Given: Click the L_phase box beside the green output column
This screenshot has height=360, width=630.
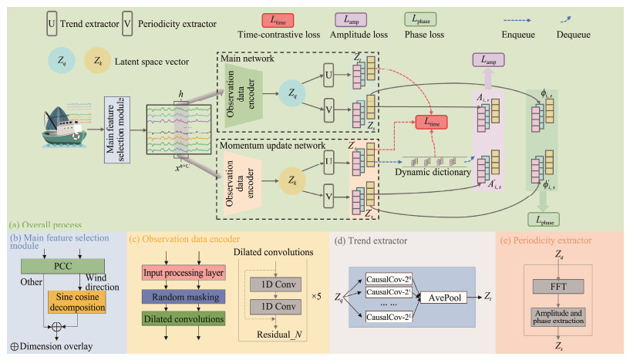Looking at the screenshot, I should [x=545, y=220].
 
